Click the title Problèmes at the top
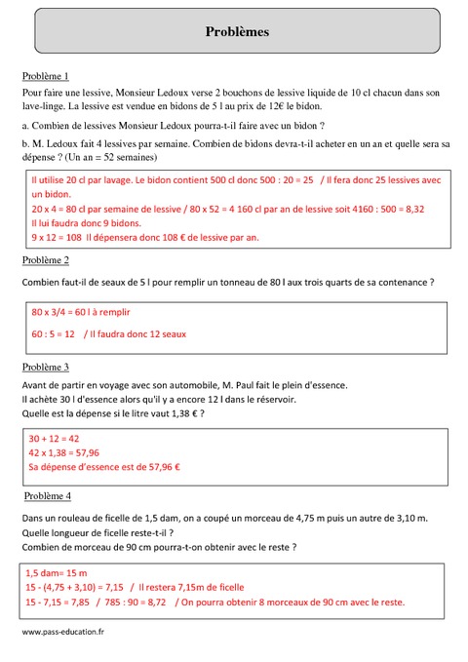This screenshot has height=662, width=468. pos(237,32)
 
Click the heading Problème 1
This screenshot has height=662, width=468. pos(45,76)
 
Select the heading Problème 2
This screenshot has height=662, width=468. pos(45,260)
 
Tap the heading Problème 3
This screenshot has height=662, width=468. pos(45,368)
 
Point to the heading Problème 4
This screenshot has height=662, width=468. pos(45,495)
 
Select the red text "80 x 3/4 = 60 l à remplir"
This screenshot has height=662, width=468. pos(81,312)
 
